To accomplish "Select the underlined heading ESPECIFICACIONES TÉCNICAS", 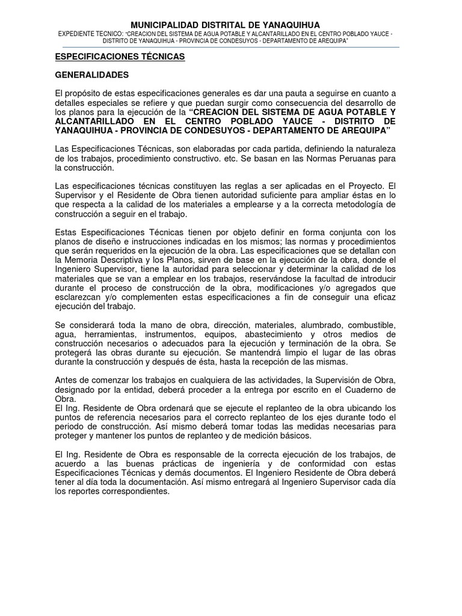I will click(120, 57).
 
